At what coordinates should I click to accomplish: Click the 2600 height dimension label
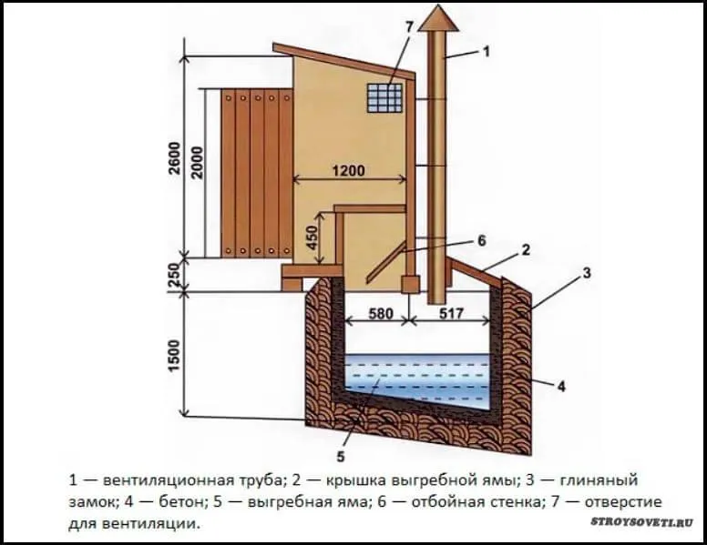[x=175, y=157]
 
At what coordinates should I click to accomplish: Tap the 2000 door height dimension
[x=198, y=163]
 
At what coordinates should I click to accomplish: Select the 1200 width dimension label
[x=349, y=171]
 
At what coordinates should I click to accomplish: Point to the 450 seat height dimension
[x=312, y=237]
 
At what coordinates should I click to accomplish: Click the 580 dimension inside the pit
[x=381, y=313]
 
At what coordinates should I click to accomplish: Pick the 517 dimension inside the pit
[x=451, y=313]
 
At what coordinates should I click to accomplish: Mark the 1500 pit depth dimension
[x=175, y=356]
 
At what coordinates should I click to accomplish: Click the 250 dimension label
[x=175, y=274]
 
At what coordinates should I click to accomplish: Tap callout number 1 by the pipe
[x=487, y=52]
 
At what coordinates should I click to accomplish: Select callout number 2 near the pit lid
[x=526, y=250]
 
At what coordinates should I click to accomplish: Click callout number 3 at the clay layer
[x=586, y=273]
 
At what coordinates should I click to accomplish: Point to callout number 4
[x=561, y=387]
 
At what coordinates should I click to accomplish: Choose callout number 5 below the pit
[x=341, y=456]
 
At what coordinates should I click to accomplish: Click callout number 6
[x=482, y=241]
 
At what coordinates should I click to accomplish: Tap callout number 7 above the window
[x=408, y=27]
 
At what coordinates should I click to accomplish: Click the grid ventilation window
[x=384, y=97]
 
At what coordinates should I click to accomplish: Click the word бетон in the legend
[x=180, y=501]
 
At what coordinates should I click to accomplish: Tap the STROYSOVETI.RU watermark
[x=641, y=522]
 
